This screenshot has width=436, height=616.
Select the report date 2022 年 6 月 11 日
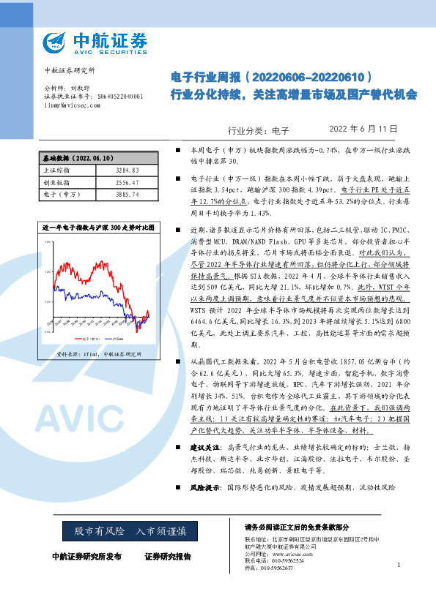[x=363, y=129]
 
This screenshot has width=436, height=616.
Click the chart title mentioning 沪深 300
[x=97, y=228]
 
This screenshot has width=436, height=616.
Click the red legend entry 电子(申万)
[x=89, y=339]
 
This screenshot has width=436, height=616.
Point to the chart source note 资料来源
[x=97, y=354]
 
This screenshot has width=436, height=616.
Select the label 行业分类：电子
[x=259, y=130]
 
